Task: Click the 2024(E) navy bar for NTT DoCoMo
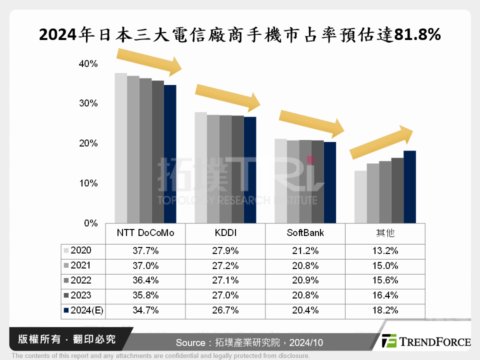click(x=170, y=154)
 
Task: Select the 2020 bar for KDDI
click(x=200, y=167)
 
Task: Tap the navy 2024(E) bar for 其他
click(x=409, y=186)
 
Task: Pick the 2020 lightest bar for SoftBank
click(x=280, y=180)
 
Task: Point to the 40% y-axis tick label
click(x=88, y=64)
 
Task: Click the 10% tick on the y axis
click(x=88, y=183)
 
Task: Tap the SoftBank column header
click(x=305, y=233)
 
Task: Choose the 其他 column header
click(x=385, y=233)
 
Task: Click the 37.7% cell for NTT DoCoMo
click(x=145, y=250)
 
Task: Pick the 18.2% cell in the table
click(x=385, y=310)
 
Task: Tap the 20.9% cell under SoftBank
click(x=305, y=280)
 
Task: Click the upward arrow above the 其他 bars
click(x=381, y=142)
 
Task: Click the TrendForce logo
click(x=425, y=341)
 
